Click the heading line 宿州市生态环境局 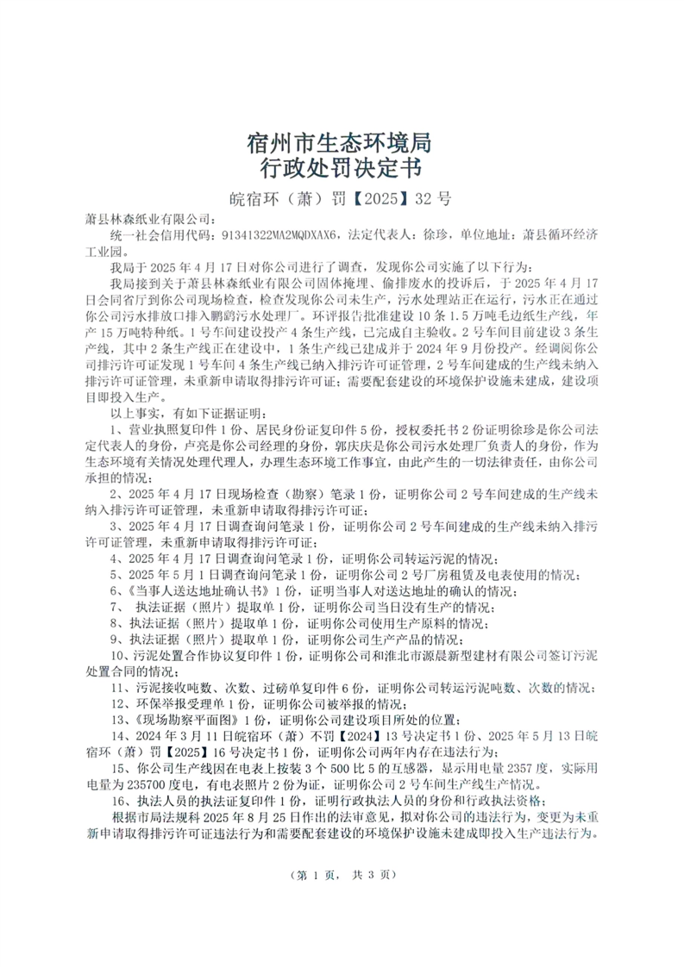click(x=342, y=141)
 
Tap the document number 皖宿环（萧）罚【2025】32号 click(x=342, y=199)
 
